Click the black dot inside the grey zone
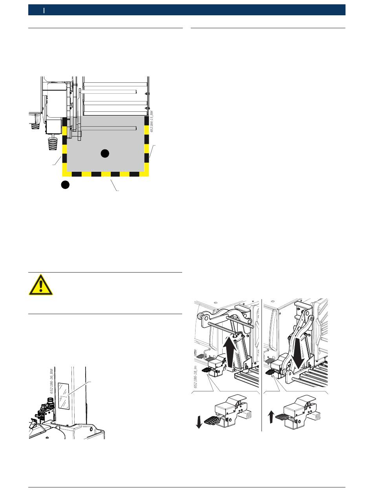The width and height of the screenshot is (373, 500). [x=104, y=153]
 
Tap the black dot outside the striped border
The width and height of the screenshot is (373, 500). [x=66, y=185]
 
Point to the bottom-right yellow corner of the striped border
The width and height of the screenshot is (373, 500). [x=146, y=174]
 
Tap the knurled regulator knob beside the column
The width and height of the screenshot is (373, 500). [x=50, y=400]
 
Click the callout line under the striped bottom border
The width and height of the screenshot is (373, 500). [x=114, y=184]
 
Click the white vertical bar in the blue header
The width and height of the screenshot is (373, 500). [x=44, y=10]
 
